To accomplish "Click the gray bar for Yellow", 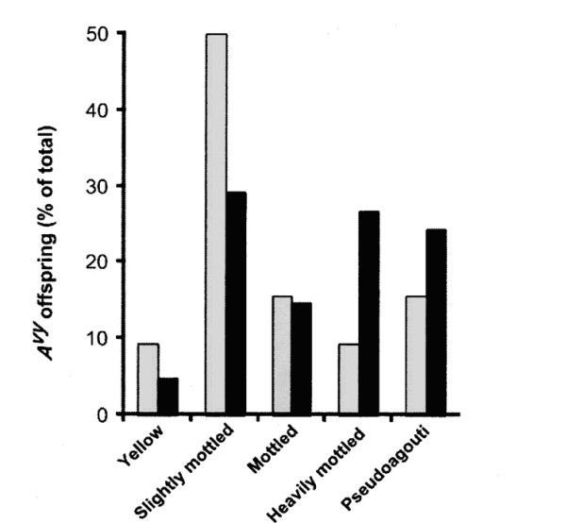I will (147, 379).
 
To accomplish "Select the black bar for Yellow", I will (168, 396).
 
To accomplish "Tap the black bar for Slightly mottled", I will (236, 303).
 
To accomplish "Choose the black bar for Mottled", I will (302, 358).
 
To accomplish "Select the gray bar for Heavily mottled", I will (348, 379).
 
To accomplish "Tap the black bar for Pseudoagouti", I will (436, 321).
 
